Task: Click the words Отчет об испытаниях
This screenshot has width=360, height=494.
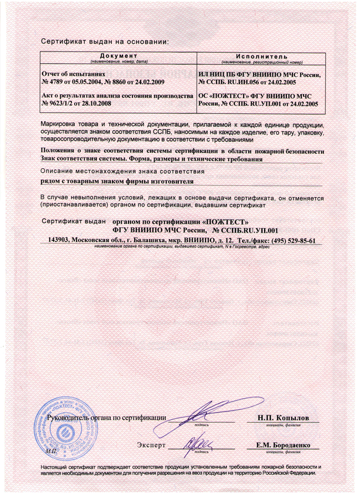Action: click(73, 73)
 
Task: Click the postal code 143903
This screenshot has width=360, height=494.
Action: click(60, 240)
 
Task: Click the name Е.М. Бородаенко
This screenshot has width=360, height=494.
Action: click(282, 445)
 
